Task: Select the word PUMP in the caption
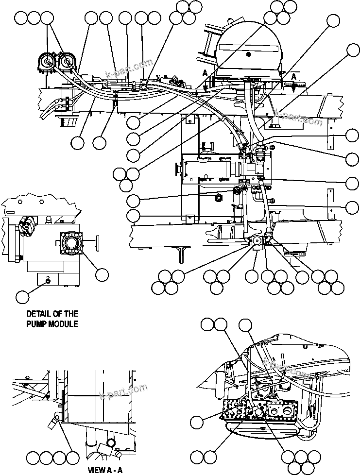38,323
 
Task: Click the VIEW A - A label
105,470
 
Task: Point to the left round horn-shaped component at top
47,62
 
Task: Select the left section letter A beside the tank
205,72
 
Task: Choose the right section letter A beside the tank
294,77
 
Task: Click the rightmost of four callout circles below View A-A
72,458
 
